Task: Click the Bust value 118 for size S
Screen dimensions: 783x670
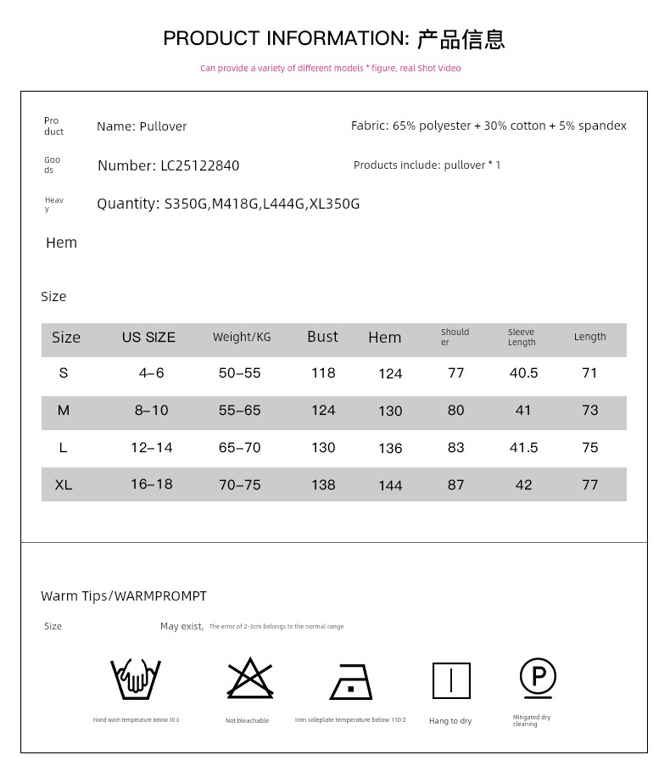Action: pyautogui.click(x=323, y=373)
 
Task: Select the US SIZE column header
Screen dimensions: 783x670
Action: pyautogui.click(x=148, y=338)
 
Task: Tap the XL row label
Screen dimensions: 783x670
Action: pyautogui.click(x=64, y=485)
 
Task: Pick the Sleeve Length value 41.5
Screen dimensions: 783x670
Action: pyautogui.click(x=523, y=448)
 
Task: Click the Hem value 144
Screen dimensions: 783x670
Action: pyautogui.click(x=390, y=486)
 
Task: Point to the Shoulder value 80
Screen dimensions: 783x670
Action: pyautogui.click(x=456, y=411)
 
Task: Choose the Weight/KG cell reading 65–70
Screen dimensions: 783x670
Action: pyautogui.click(x=240, y=448)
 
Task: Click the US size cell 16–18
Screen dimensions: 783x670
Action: pyautogui.click(x=152, y=484)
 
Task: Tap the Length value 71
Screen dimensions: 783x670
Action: pyautogui.click(x=590, y=373)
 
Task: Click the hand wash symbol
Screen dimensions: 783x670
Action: pyautogui.click(x=136, y=680)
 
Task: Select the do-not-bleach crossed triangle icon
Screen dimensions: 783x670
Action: pyautogui.click(x=249, y=679)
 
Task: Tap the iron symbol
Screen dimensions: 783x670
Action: pyautogui.click(x=351, y=681)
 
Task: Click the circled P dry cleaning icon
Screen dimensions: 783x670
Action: pyautogui.click(x=538, y=678)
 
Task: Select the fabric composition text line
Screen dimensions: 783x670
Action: pyautogui.click(x=489, y=126)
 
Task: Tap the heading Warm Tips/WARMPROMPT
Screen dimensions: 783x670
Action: pyautogui.click(x=124, y=596)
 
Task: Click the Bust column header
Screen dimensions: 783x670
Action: pyautogui.click(x=322, y=337)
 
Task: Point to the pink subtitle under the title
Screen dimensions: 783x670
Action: pyautogui.click(x=330, y=69)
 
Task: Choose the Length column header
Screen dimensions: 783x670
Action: pyautogui.click(x=589, y=337)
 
